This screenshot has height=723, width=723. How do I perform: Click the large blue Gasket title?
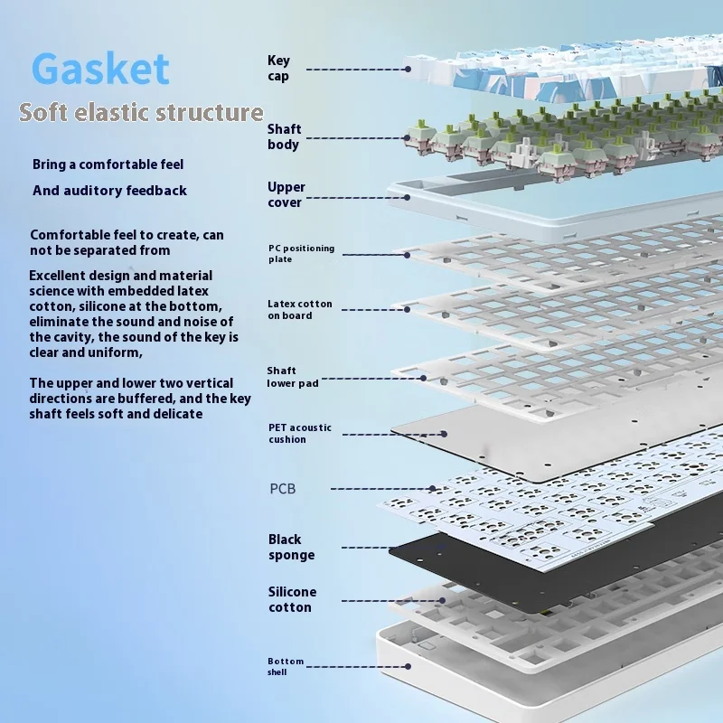[100, 69]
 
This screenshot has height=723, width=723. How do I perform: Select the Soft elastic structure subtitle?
[141, 113]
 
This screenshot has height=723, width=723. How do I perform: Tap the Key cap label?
[278, 69]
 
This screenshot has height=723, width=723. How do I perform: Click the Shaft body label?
[284, 137]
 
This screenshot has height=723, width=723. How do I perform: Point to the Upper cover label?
[286, 194]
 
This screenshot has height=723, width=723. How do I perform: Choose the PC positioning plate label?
[301, 253]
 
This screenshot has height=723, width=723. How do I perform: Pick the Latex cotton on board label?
[300, 310]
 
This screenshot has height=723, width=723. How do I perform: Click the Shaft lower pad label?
[293, 377]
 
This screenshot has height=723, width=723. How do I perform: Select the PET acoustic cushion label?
[300, 433]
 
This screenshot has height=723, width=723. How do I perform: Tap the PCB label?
[283, 489]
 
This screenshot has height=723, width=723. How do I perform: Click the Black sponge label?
[291, 547]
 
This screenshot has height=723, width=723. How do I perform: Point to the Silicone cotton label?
[292, 599]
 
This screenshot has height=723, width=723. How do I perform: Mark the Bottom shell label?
[286, 666]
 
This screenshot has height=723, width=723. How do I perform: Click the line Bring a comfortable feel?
[108, 164]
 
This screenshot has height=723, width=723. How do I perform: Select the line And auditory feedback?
[109, 191]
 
